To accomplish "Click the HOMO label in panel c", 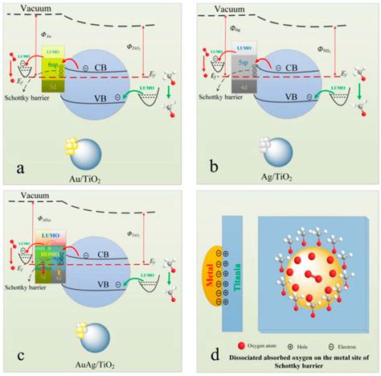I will pos(50,250).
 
